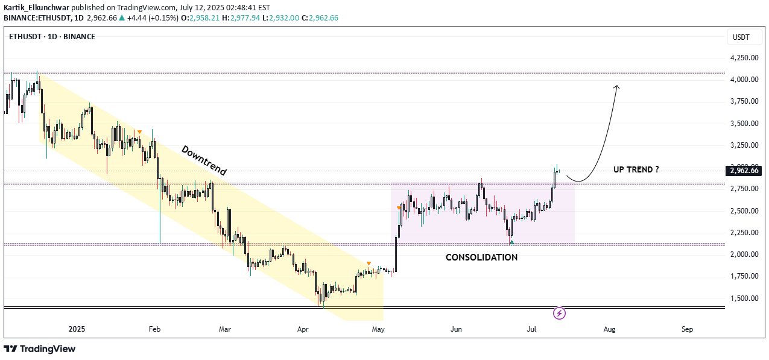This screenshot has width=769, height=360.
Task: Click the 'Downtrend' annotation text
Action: click(203, 161)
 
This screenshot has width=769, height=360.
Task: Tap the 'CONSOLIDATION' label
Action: click(481, 257)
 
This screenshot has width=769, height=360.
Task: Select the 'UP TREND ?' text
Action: click(636, 169)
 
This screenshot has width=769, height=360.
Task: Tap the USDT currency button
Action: click(741, 37)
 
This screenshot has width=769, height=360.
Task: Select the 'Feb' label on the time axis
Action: click(154, 329)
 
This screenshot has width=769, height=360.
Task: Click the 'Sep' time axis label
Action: click(687, 329)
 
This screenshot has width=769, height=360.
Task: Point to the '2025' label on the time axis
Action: click(77, 329)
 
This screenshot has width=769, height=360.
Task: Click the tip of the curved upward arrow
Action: click(616, 86)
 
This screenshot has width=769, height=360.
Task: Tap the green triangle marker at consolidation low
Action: click(511, 242)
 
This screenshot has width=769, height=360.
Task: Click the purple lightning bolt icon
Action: click(560, 313)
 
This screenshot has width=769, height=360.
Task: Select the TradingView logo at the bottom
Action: click(40, 349)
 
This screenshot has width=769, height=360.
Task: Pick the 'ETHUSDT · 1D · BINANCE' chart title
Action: click(52, 37)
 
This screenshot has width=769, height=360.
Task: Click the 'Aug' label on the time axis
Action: click(609, 329)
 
